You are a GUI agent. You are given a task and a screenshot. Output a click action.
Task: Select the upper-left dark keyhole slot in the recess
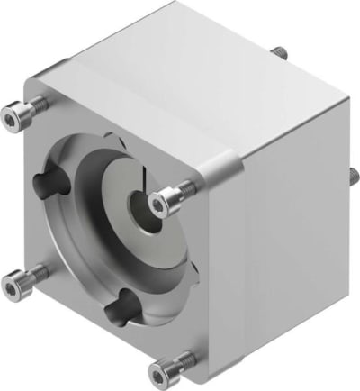(x=49, y=186)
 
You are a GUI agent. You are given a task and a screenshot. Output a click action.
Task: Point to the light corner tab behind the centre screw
(x=220, y=171)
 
